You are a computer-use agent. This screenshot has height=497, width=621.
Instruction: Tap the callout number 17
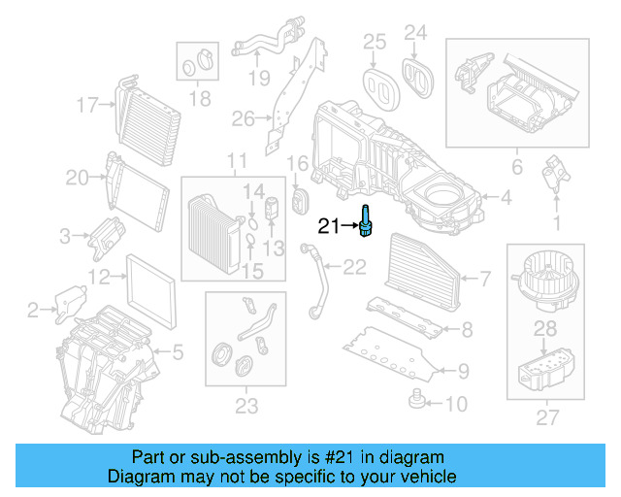[88, 104]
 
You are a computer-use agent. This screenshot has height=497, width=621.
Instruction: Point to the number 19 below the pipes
[257, 78]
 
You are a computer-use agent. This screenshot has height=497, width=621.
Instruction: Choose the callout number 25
[375, 41]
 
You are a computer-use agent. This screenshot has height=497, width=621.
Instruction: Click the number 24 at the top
[415, 34]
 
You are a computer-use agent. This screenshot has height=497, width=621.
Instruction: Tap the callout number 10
[455, 403]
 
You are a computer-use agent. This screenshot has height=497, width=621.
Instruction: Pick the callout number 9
[463, 370]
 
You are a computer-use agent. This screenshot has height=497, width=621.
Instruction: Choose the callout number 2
[33, 311]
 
